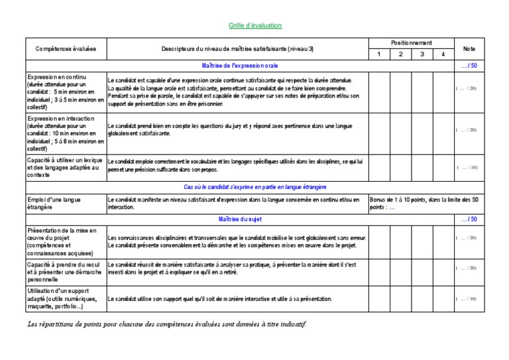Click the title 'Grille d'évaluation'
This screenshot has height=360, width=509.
(x=255, y=25)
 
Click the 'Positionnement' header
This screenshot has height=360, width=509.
(x=412, y=42)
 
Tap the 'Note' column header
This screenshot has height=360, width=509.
(x=469, y=48)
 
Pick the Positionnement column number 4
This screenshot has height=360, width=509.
(x=443, y=54)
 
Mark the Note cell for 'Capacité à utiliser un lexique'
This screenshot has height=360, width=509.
(x=467, y=168)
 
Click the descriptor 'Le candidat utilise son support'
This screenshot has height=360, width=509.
(x=219, y=299)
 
